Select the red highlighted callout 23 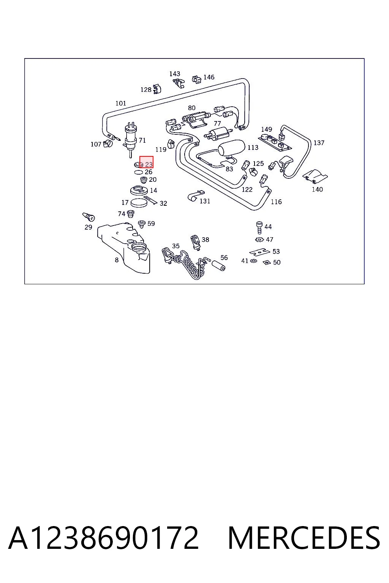click(x=146, y=162)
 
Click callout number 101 click(x=121, y=103)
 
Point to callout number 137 click(x=319, y=143)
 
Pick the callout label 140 click(x=317, y=189)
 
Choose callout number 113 click(x=253, y=148)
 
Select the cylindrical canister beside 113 click(x=231, y=148)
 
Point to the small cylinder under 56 click(x=218, y=265)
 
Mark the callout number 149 click(x=266, y=129)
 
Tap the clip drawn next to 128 click(x=157, y=89)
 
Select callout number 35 click(x=176, y=246)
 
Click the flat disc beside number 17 click(x=139, y=203)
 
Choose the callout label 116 click(x=276, y=202)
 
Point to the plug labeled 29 click(x=89, y=217)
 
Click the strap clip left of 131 click(x=196, y=196)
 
